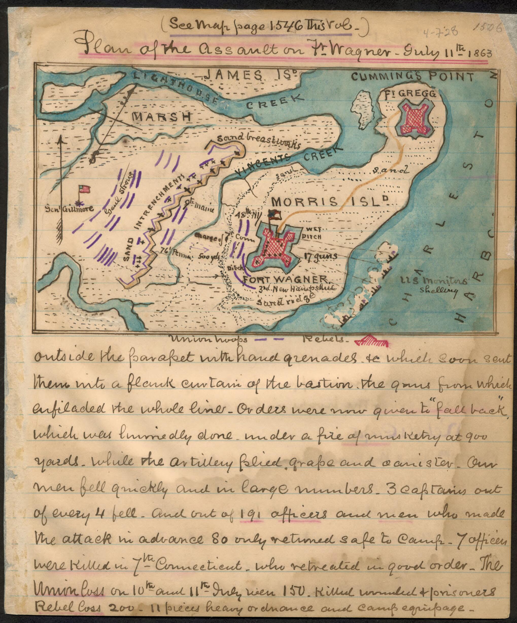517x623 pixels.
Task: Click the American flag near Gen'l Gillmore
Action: click(x=84, y=189)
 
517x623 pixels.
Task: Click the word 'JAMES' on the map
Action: click(x=228, y=75)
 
